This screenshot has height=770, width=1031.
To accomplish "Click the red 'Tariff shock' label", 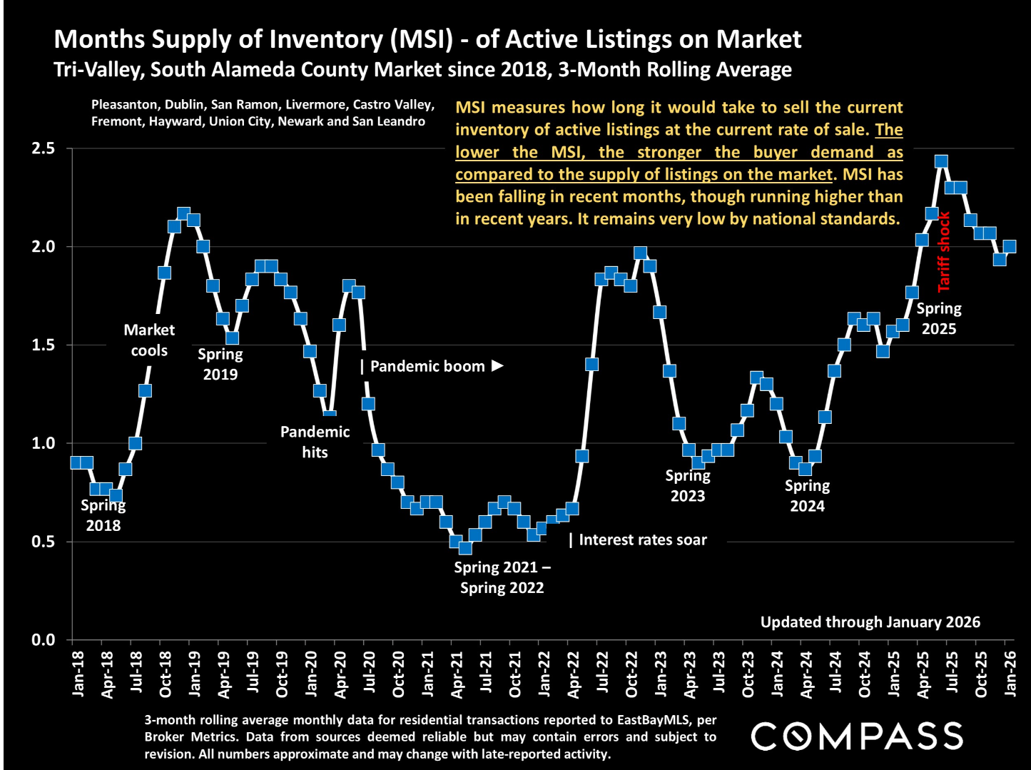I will pyautogui.click(x=943, y=252).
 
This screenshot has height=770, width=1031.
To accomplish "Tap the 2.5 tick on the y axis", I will pyautogui.click(x=44, y=149).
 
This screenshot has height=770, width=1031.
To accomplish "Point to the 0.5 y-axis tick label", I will pyautogui.click(x=44, y=542).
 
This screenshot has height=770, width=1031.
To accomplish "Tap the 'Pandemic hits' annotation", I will pyautogui.click(x=315, y=442).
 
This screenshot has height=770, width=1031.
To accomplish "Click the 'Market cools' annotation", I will pyautogui.click(x=149, y=340).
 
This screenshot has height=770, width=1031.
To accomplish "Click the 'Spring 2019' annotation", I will pyautogui.click(x=220, y=364).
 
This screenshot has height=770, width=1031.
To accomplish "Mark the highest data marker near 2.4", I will pyautogui.click(x=941, y=161).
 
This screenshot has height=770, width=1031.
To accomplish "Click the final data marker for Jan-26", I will pyautogui.click(x=1010, y=246).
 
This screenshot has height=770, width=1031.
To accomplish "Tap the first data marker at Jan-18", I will pyautogui.click(x=76, y=462).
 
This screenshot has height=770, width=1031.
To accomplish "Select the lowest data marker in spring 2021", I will pyautogui.click(x=465, y=547).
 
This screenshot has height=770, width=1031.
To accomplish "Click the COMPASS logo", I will pyautogui.click(x=857, y=736).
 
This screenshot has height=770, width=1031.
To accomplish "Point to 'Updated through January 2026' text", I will pyautogui.click(x=870, y=622).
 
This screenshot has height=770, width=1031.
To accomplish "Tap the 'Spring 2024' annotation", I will pyautogui.click(x=807, y=496).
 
